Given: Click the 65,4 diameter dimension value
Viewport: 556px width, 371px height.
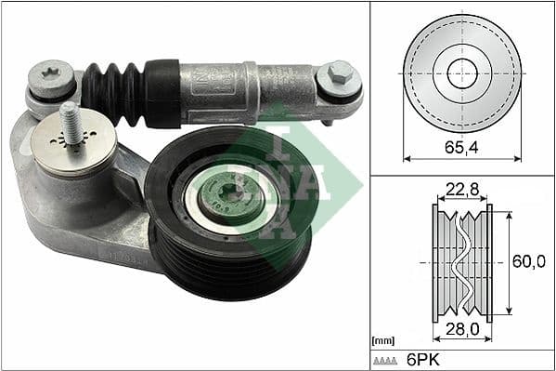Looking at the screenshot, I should click(462, 147).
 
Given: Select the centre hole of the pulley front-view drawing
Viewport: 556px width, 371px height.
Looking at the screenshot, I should click(461, 73).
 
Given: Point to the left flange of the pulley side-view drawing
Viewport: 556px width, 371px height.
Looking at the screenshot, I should click(435, 262).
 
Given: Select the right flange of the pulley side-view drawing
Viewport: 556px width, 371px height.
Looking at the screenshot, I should click(489, 262).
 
